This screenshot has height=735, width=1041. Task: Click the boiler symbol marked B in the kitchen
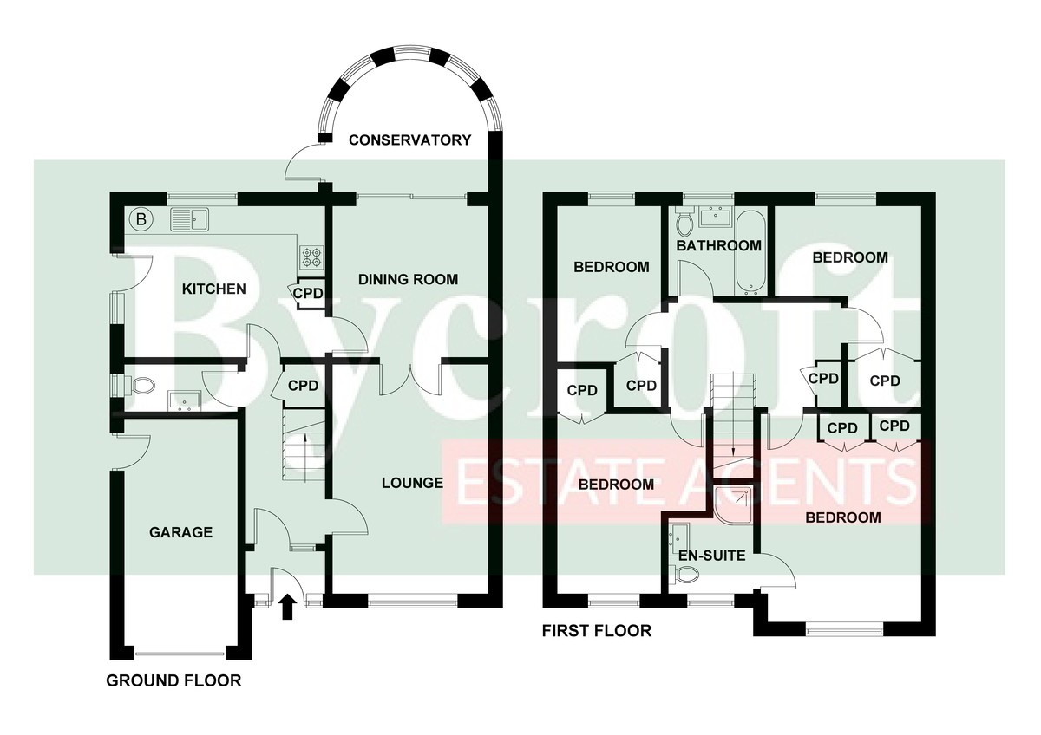click(141, 218)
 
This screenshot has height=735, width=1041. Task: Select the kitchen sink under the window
click(190, 219)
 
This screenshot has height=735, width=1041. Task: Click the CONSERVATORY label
click(409, 140)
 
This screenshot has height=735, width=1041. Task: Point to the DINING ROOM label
click(408, 279)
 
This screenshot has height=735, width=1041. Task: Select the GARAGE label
click(180, 532)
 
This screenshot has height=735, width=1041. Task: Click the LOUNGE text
click(412, 483)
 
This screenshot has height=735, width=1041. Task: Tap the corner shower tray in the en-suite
click(734, 504)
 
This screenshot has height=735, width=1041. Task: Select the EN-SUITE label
click(711, 556)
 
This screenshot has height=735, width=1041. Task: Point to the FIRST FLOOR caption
click(597, 631)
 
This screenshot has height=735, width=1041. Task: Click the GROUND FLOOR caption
click(173, 680)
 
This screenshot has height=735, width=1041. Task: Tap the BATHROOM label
click(718, 245)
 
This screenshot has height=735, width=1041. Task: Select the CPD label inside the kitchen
click(308, 294)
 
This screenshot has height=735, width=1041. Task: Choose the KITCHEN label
click(213, 289)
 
